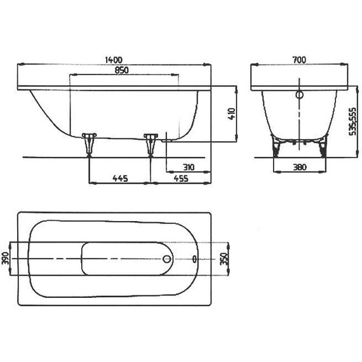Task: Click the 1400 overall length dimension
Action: (114, 59)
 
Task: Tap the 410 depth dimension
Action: (232, 114)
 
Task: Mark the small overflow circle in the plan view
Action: (194, 260)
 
